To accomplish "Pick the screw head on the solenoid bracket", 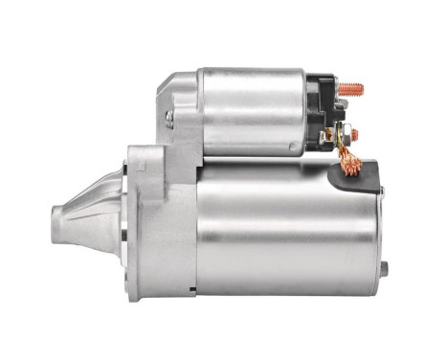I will (169, 118).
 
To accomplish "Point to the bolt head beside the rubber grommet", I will (381, 191).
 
